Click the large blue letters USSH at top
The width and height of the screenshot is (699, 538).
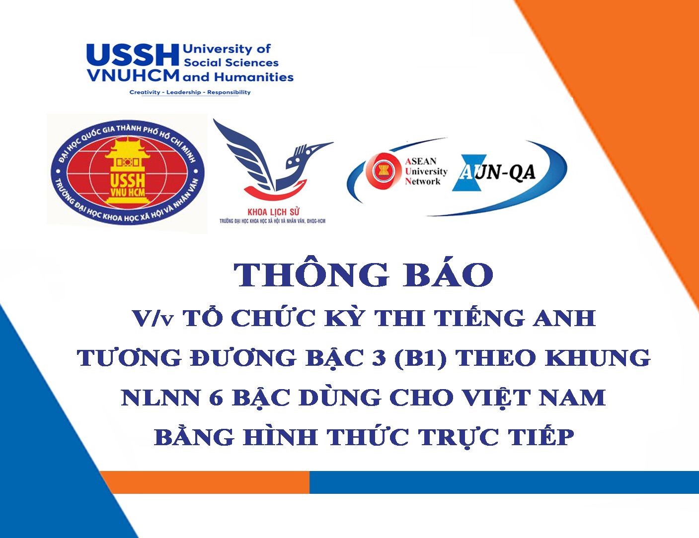tap(133, 55)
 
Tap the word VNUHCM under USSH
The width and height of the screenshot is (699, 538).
tap(133, 75)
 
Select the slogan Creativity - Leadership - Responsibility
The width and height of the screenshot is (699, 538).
tap(190, 92)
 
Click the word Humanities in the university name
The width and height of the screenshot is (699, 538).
tap(254, 77)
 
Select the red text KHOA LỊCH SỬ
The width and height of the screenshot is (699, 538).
tap(273, 212)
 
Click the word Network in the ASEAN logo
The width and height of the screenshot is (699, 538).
tap(423, 182)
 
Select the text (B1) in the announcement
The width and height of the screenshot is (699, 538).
tap(420, 358)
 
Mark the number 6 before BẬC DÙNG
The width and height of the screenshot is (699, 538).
tap(216, 398)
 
